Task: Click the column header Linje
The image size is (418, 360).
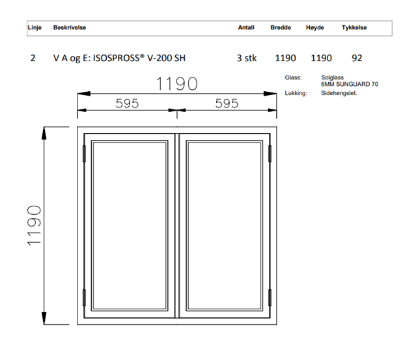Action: (35, 28)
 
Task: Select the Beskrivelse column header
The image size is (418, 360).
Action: (70, 27)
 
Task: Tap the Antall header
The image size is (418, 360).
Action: (246, 27)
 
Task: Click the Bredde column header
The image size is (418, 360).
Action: (281, 27)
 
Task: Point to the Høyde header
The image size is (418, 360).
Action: (315, 27)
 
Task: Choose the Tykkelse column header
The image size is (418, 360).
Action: (354, 27)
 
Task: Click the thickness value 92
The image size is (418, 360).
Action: (357, 58)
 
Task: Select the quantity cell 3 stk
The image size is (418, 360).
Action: (247, 58)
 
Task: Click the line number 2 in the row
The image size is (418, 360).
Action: (33, 58)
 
